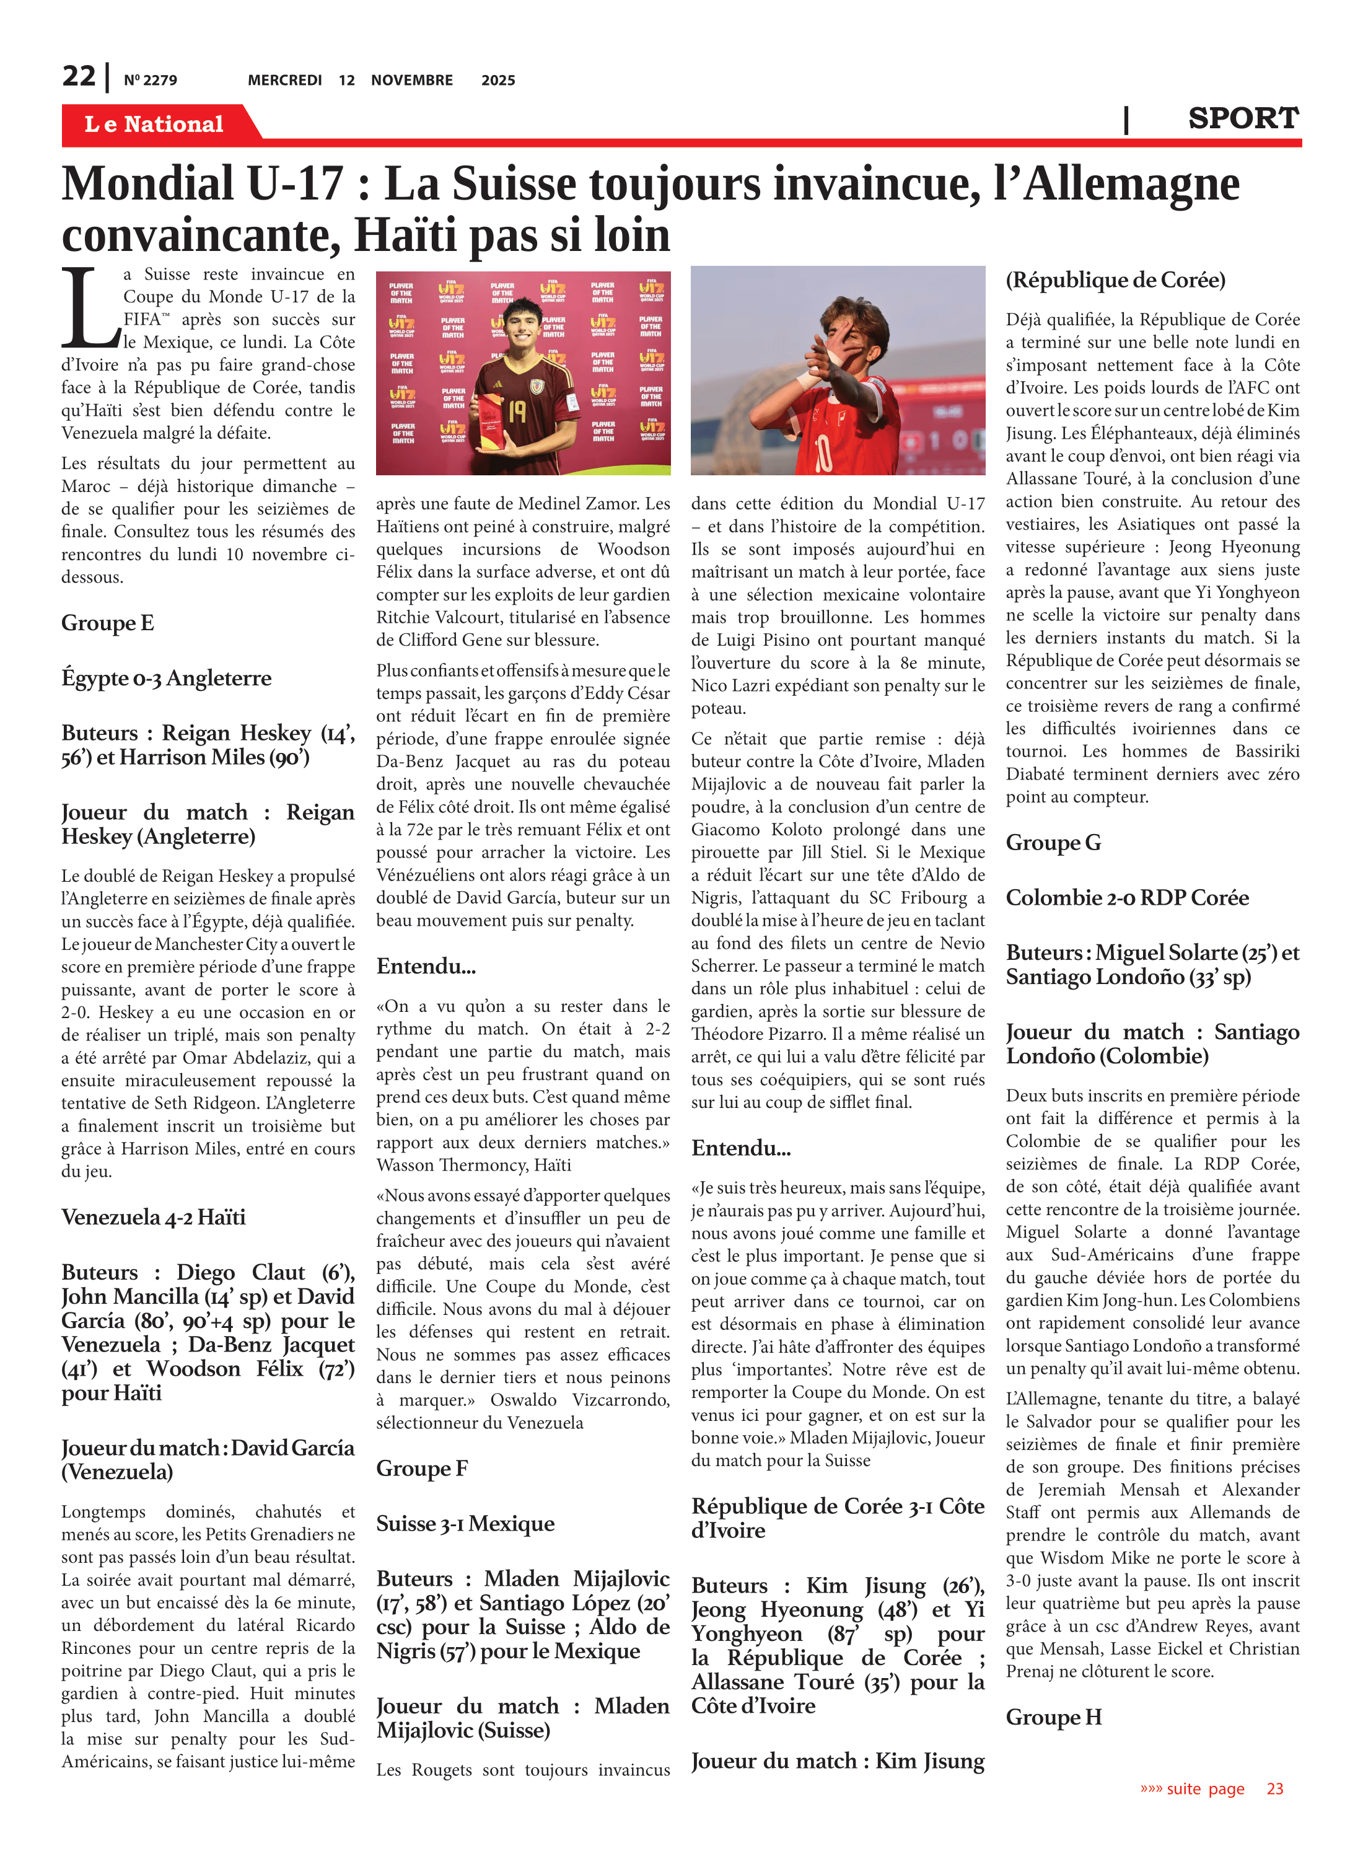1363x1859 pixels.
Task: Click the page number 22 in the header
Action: point(79,76)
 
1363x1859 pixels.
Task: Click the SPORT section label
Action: point(1243,119)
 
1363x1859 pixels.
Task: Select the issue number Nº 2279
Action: point(150,80)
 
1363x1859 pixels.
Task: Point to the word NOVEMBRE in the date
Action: point(412,80)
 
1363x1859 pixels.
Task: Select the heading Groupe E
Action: point(107,623)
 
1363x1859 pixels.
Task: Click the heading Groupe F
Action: point(422,1468)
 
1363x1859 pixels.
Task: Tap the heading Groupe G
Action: point(1053,843)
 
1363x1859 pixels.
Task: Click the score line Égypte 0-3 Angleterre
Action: point(166,679)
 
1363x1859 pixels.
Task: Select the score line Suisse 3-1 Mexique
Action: point(465,1523)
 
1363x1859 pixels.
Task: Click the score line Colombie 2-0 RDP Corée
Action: point(1127,898)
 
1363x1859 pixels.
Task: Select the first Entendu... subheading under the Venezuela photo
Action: point(426,966)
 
